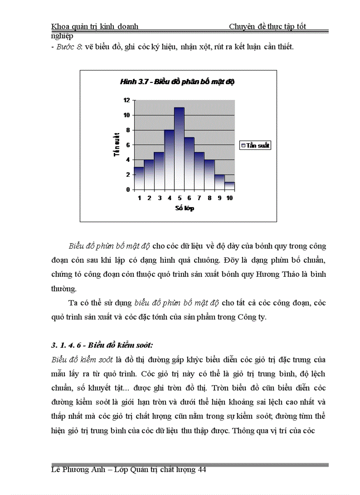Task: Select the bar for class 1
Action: coord(139,179)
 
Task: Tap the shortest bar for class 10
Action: coord(229,186)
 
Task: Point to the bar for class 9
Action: coord(219,182)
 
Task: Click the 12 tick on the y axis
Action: coord(127,100)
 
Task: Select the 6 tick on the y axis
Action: coord(127,145)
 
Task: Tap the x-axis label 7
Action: coord(199,198)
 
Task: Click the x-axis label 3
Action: coord(159,198)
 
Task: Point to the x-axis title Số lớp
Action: coord(184,208)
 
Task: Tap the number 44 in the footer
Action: coord(202,470)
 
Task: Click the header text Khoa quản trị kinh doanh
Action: coord(95,26)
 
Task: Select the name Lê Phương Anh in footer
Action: coord(78,470)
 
